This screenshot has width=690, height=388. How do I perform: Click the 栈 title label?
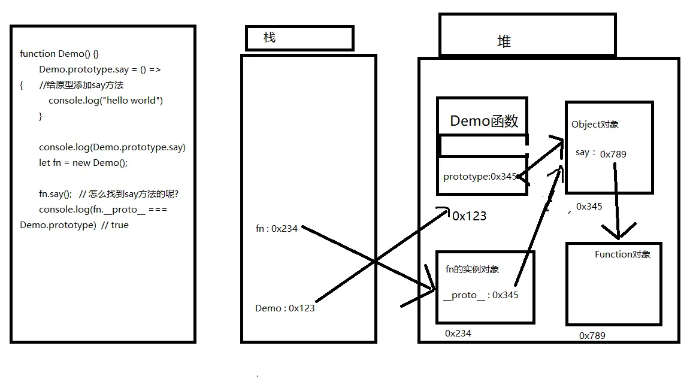pyautogui.click(x=270, y=37)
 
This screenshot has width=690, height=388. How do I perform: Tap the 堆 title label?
pyautogui.click(x=504, y=41)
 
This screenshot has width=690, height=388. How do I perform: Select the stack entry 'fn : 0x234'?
pyautogui.click(x=276, y=228)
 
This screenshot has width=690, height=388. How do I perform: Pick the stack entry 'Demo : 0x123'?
pyautogui.click(x=285, y=308)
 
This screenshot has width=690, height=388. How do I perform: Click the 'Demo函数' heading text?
pyautogui.click(x=484, y=120)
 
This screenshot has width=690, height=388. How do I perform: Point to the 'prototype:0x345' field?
pyautogui.click(x=480, y=177)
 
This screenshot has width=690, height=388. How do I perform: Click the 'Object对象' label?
pyautogui.click(x=595, y=125)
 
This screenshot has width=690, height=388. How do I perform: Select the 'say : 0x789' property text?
pyautogui.click(x=601, y=153)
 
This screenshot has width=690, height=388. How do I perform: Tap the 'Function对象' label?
pyautogui.click(x=623, y=254)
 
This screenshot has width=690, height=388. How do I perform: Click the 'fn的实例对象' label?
pyautogui.click(x=472, y=269)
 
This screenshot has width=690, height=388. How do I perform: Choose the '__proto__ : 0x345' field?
pyautogui.click(x=480, y=295)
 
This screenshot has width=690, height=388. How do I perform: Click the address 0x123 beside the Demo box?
pyautogui.click(x=470, y=216)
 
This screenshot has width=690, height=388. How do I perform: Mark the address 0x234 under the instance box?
pyautogui.click(x=458, y=334)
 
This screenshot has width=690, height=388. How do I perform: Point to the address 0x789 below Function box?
pyautogui.click(x=592, y=336)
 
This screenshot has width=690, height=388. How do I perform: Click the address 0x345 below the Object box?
pyautogui.click(x=589, y=207)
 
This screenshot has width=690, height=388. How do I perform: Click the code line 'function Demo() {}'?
pyautogui.click(x=59, y=54)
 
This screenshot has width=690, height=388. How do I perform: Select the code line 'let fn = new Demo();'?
pyautogui.click(x=83, y=163)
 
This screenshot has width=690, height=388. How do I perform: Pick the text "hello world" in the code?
pyautogui.click(x=131, y=101)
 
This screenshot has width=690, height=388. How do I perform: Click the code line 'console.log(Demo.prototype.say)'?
pyautogui.click(x=112, y=147)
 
